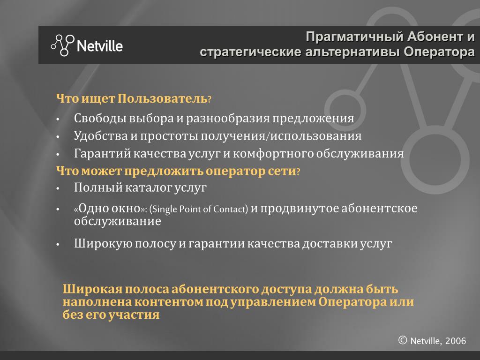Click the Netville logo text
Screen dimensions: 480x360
pos(100,46)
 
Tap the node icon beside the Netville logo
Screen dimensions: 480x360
pos(63,45)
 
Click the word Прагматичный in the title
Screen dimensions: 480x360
pos(354,37)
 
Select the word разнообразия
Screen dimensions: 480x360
pos(228,119)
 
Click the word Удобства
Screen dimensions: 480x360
pos(101,136)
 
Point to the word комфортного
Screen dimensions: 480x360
pos(273,153)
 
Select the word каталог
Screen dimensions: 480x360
pos(148,187)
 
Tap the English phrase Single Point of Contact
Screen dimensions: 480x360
pos(199,209)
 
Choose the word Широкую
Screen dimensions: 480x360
pos(103,243)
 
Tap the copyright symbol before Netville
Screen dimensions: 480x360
pos(403,340)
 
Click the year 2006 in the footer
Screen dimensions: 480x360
pos(456,341)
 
